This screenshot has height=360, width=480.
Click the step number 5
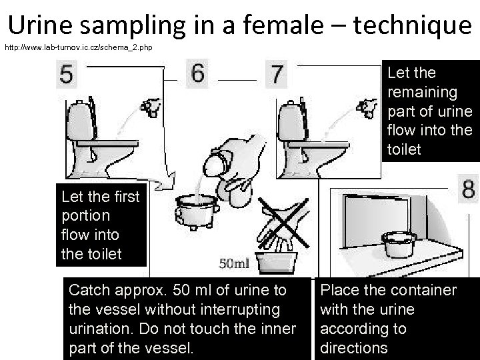click(x=67, y=74)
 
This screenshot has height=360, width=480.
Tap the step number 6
click(x=197, y=73)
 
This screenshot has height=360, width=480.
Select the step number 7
click(x=276, y=74)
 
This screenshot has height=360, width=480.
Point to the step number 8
click(x=469, y=188)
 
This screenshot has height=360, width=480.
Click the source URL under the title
click(x=79, y=47)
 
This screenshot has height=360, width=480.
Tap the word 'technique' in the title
click(x=413, y=25)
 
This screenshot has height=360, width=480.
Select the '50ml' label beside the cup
click(x=234, y=263)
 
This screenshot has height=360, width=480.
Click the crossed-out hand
click(x=283, y=223)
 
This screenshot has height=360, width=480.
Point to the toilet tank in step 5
click(x=80, y=120)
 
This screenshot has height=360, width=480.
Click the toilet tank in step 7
click(x=291, y=120)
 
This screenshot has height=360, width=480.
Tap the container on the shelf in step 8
click(x=399, y=244)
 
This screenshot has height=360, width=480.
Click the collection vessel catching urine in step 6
click(x=197, y=212)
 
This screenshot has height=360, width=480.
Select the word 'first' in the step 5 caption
click(x=127, y=197)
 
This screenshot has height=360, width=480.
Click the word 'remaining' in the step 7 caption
click(x=423, y=93)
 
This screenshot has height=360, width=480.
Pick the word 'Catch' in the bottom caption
click(x=89, y=290)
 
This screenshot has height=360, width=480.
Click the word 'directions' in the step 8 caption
click(x=354, y=348)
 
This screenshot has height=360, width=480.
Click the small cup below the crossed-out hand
click(x=277, y=263)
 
